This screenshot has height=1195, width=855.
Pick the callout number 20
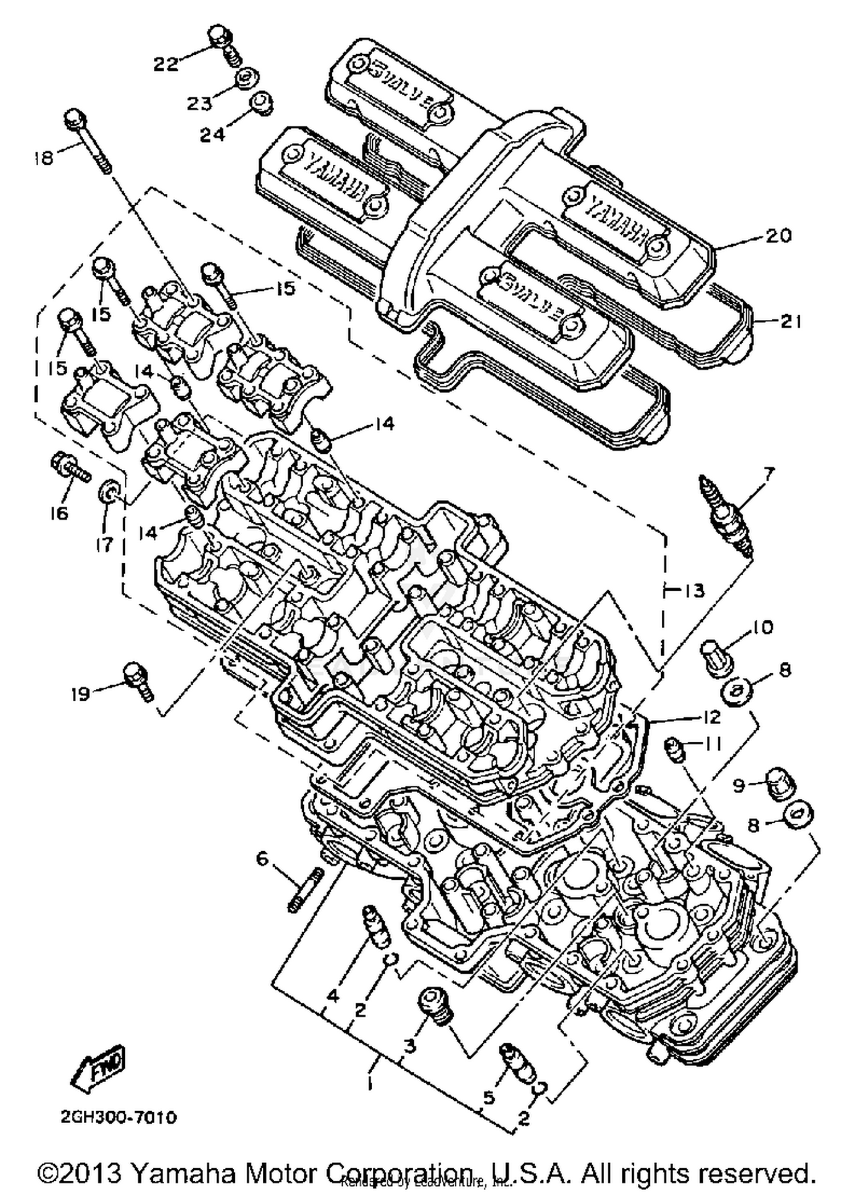777,235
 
